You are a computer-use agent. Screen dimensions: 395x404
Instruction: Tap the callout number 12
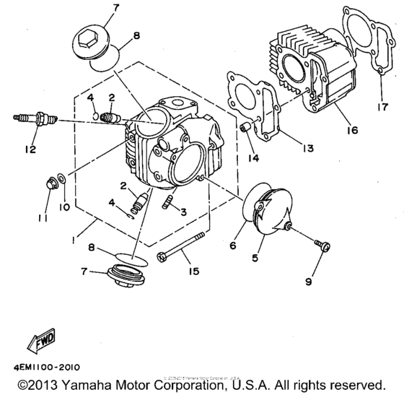[x=28, y=150]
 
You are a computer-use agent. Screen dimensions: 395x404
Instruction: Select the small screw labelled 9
[x=323, y=246]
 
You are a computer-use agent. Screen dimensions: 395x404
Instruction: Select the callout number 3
[x=185, y=211]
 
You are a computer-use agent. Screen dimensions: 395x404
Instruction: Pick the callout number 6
[x=232, y=246]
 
